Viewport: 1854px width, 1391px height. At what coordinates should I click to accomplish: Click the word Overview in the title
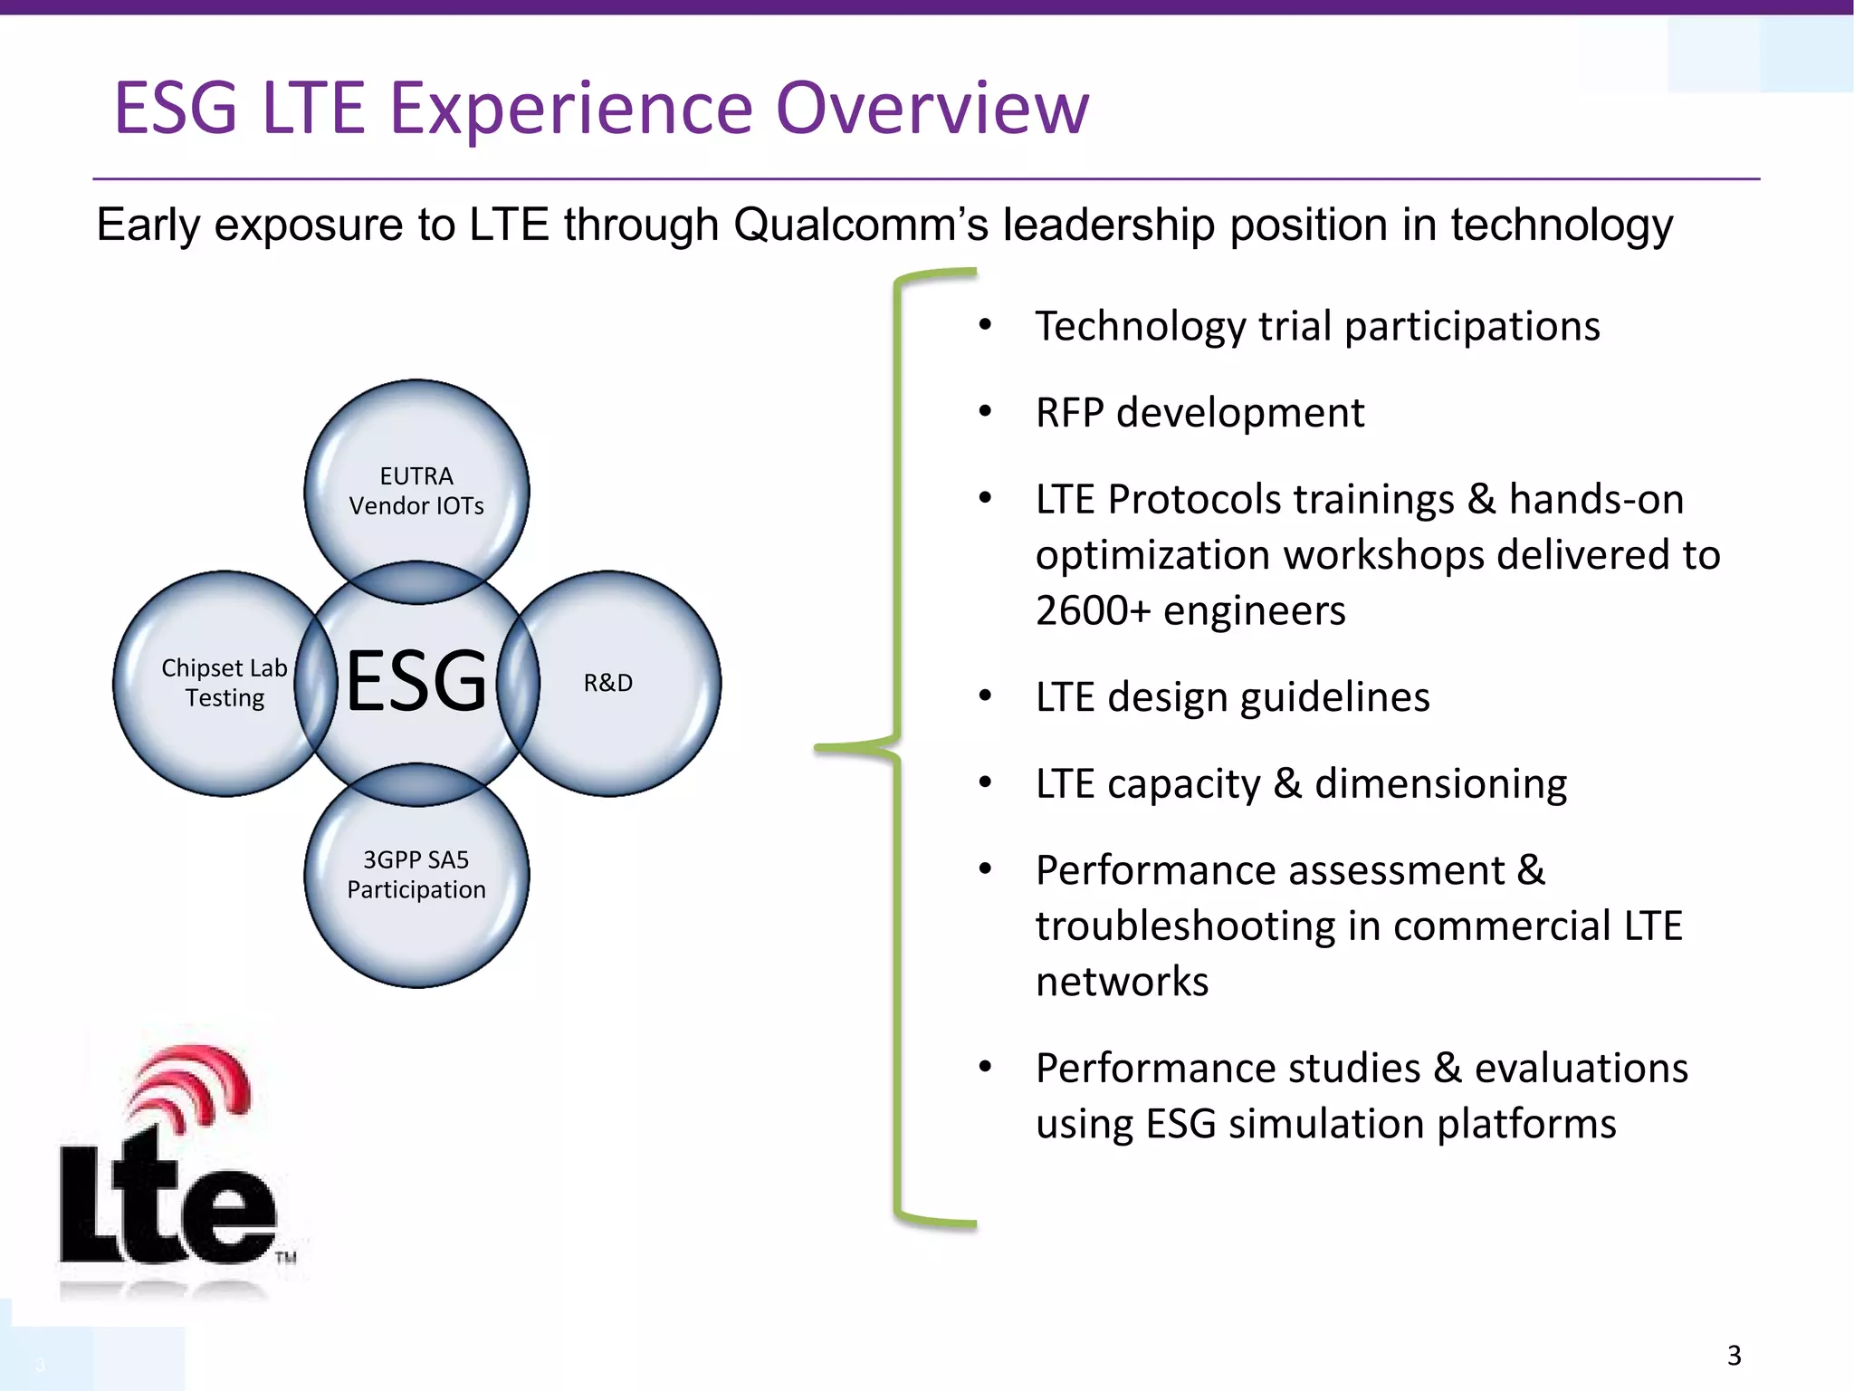click(932, 109)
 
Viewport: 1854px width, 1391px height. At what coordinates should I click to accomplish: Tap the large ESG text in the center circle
click(416, 681)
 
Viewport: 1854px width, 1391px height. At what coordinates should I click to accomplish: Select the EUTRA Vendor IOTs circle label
click(416, 491)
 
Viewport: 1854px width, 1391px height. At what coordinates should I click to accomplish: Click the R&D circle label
click(608, 683)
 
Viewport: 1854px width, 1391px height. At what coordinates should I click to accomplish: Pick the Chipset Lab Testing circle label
click(225, 683)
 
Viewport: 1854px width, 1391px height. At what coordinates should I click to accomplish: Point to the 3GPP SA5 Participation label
click(416, 875)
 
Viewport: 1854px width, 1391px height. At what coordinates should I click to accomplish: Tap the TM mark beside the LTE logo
click(286, 1257)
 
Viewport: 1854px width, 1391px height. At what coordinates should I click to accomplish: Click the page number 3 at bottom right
click(1734, 1356)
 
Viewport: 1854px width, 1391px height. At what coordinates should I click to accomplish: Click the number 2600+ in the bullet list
click(1093, 610)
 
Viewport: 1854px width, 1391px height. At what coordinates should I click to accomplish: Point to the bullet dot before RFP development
click(986, 412)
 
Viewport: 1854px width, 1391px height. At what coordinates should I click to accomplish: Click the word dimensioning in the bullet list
click(1440, 784)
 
